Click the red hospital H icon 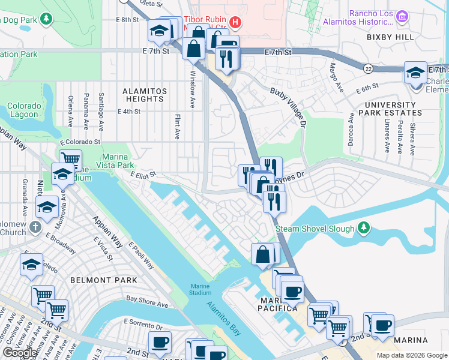coord(235,23)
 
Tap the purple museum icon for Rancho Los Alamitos coord(403,19)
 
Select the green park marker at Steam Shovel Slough coord(363,228)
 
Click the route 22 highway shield coord(368,69)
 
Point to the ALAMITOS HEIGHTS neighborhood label coord(144,95)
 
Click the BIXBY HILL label coord(390,37)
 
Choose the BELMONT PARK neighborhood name coord(103,280)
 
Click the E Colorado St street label coord(79,142)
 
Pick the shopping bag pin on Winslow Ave coord(194,49)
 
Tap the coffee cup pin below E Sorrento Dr coord(160,342)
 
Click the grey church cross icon coord(35,227)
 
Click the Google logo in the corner coord(20,353)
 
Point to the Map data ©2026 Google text coord(411,355)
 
